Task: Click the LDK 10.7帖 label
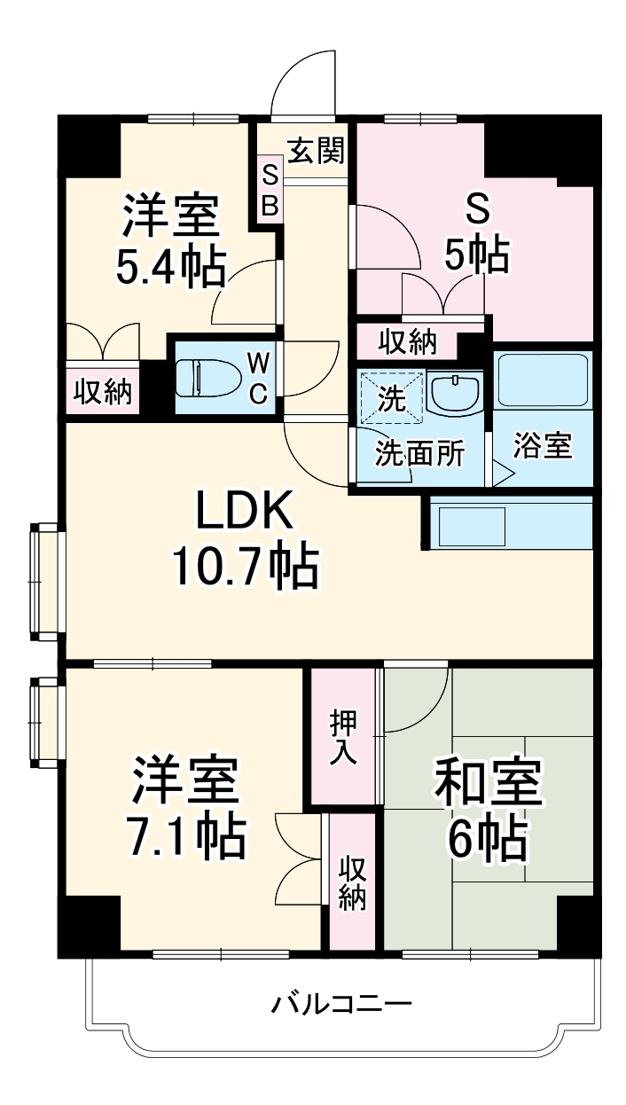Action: [x=244, y=541]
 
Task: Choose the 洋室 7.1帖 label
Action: [x=186, y=807]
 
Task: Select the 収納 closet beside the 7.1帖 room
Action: [x=351, y=882]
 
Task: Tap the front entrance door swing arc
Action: [x=304, y=84]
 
